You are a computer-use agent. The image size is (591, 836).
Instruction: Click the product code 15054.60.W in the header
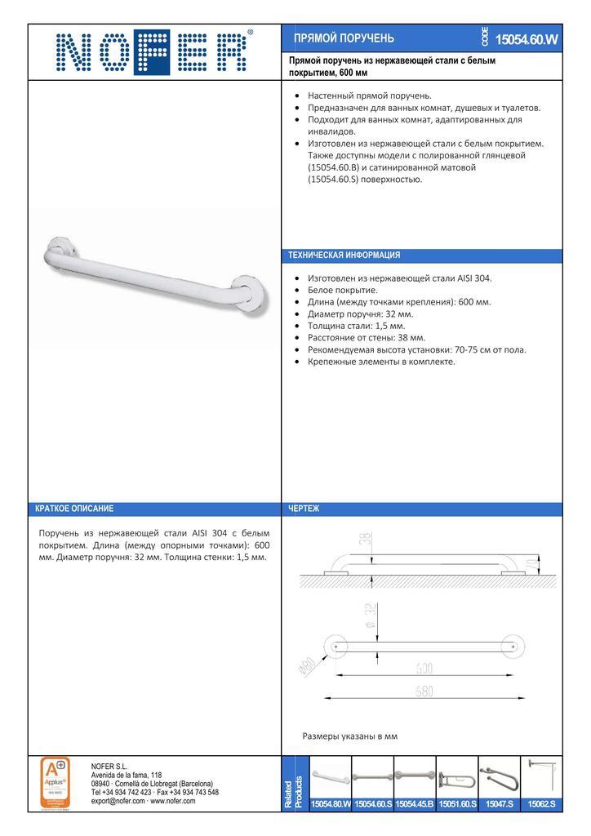pos(527,39)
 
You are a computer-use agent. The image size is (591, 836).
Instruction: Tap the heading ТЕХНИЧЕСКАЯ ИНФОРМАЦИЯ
pos(344,256)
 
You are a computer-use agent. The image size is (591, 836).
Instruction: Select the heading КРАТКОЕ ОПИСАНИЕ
pos(74,509)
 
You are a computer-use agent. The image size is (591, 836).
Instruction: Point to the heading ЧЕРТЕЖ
pos(304,509)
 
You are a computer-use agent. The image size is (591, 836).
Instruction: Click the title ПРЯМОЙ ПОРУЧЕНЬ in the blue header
pos(344,38)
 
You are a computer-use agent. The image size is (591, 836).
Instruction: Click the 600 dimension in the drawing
pos(423,668)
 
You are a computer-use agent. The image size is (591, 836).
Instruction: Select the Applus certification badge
pos(55,782)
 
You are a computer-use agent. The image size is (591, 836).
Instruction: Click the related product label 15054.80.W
pos(331,804)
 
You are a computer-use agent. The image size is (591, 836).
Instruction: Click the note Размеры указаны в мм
pos(349,736)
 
